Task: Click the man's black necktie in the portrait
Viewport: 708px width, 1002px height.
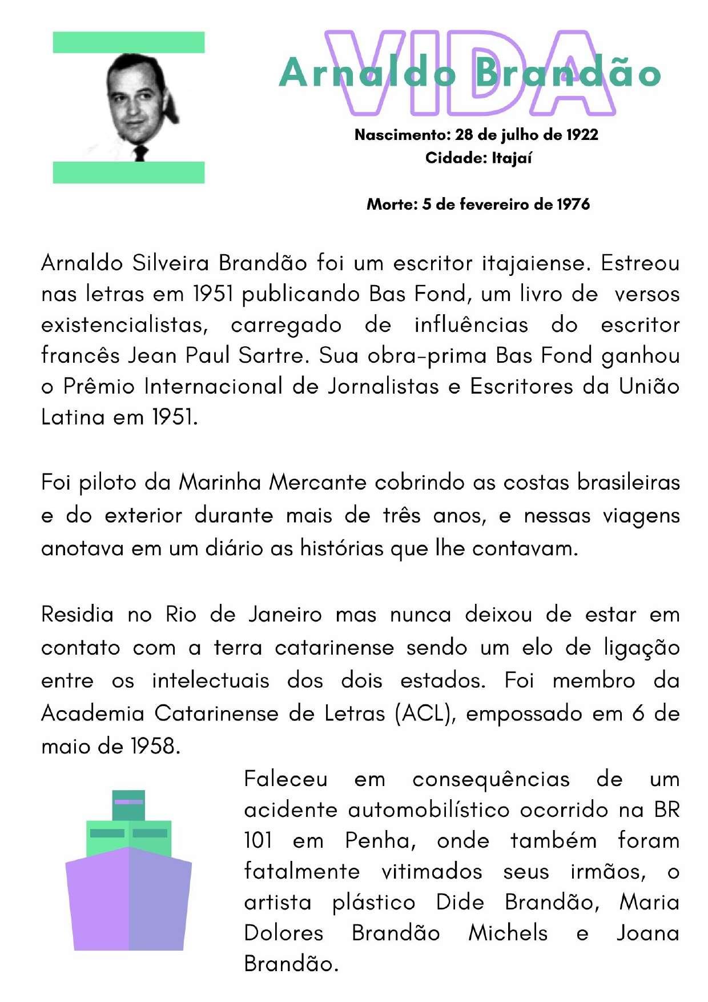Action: coord(140,153)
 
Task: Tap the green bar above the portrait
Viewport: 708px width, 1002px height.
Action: coord(128,42)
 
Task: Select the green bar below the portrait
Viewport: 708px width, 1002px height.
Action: coord(128,173)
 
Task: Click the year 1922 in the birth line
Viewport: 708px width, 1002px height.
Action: coord(582,135)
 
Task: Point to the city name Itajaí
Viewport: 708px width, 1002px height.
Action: coord(512,158)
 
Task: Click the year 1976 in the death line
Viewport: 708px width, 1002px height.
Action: coord(573,204)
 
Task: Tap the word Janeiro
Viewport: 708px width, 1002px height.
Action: coord(285,615)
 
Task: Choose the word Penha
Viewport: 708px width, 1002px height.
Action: coord(380,841)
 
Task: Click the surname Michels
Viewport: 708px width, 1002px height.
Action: coord(508,933)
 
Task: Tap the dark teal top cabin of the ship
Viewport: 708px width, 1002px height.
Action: coord(128,804)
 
